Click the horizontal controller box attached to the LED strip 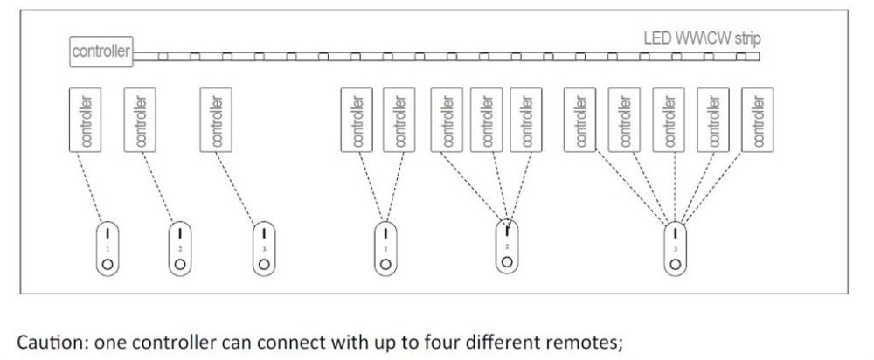coord(101,52)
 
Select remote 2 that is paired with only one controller coord(180,247)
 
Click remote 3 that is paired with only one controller coord(263,247)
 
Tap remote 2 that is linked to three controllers coord(507,247)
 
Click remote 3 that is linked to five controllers coord(675,247)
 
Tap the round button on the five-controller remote coord(675,263)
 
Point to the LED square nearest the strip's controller coord(163,58)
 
